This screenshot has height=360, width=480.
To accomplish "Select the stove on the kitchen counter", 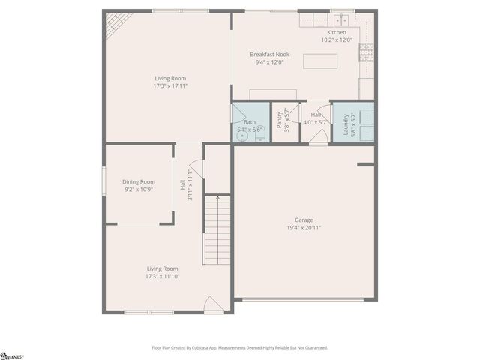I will pos(367,52).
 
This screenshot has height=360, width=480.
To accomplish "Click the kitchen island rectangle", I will pos(319,61).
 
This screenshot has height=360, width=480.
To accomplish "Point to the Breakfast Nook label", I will pos(270,55).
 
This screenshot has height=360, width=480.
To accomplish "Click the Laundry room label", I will pos(346,121).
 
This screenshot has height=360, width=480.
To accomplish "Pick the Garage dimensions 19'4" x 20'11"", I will pos(304,227).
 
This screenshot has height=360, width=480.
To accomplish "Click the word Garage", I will pos(304,220).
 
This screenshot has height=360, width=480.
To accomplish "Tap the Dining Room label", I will pos(139,181).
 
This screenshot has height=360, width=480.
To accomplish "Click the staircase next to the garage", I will pos(217,229).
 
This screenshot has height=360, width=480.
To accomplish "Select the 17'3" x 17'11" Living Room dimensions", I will pos(170,85).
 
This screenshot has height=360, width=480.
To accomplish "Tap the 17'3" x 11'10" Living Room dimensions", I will pos(162,276).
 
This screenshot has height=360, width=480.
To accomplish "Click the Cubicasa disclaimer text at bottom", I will pos(240,347).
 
